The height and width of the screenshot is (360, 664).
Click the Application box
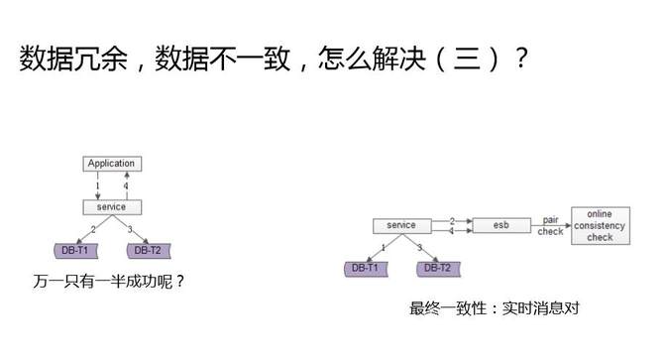point(111,164)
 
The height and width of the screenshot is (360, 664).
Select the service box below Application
point(111,207)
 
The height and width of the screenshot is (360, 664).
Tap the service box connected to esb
point(401,225)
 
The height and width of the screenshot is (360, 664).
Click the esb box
point(500,225)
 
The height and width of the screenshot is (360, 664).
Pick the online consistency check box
point(600,225)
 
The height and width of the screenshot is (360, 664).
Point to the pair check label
point(551,224)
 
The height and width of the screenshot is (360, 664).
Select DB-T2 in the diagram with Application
point(147,250)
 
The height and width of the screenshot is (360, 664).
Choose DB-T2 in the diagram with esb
point(437,268)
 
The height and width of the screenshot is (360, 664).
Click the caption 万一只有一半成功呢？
point(109,283)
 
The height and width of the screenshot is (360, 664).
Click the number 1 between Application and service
point(97,185)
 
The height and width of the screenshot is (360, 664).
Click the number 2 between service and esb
point(452,219)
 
